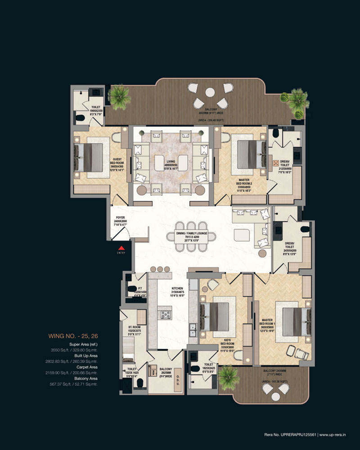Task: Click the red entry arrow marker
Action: [x=121, y=247]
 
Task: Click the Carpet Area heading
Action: [x=84, y=367]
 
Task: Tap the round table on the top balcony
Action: [x=210, y=92]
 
